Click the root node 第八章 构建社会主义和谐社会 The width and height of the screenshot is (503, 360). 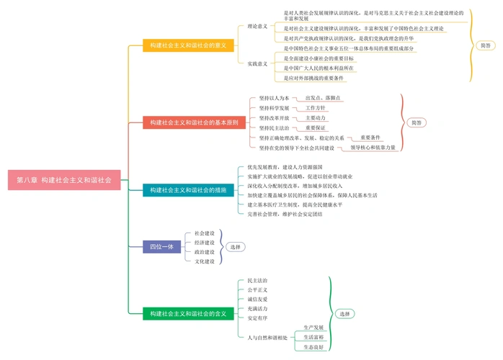click(x=64, y=180)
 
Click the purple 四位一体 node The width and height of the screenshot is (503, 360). click(x=161, y=247)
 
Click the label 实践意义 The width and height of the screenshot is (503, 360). click(x=257, y=63)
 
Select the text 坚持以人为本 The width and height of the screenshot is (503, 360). click(x=274, y=98)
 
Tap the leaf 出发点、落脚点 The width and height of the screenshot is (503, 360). click(x=323, y=98)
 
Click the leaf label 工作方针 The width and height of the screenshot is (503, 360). click(x=316, y=108)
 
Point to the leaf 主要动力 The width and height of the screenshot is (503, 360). click(x=316, y=118)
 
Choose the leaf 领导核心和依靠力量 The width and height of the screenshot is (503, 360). click(x=373, y=148)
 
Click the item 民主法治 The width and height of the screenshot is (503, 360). click(x=257, y=280)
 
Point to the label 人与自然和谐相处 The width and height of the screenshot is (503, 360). click(x=267, y=337)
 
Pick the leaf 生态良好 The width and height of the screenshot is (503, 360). click(x=313, y=346)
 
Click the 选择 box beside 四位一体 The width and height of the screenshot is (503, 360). click(x=236, y=247)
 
